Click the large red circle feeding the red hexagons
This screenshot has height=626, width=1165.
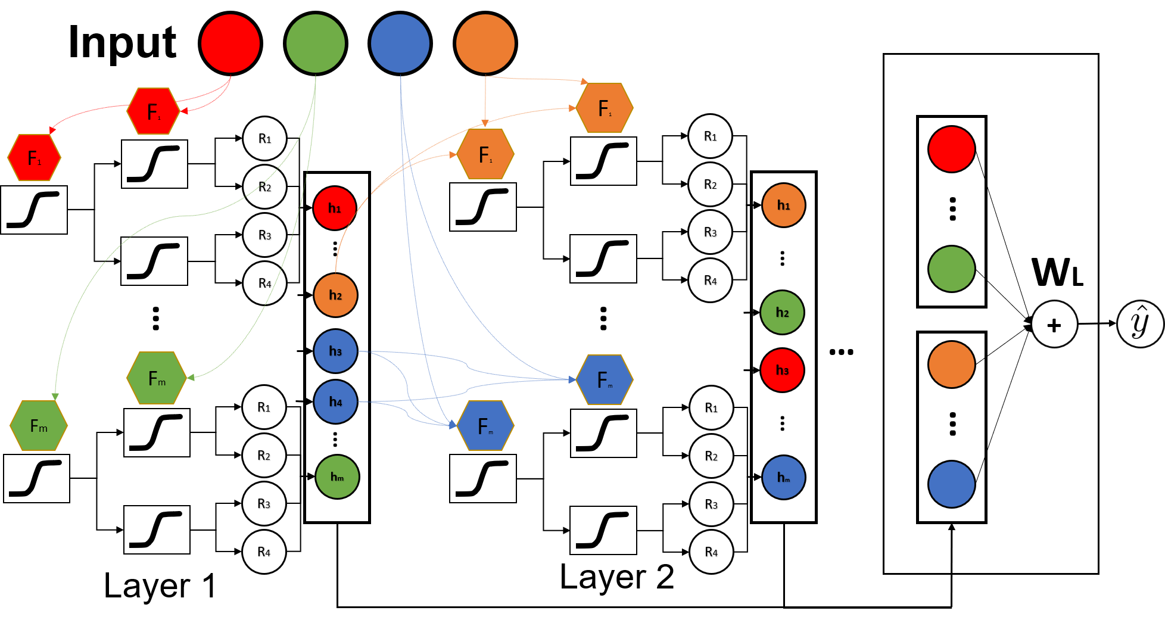tap(230, 43)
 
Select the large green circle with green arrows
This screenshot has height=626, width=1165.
tap(316, 43)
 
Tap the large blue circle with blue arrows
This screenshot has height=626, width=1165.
tap(400, 43)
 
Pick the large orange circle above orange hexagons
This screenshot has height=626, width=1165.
tap(485, 43)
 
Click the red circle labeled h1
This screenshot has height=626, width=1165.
tap(335, 208)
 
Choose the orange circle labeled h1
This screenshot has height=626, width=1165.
tap(784, 205)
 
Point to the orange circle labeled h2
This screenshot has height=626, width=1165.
tap(335, 295)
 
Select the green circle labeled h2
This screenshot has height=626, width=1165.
tap(782, 313)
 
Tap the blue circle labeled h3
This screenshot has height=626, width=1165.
tap(335, 351)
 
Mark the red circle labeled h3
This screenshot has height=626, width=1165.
tap(782, 370)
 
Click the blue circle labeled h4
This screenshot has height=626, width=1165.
tap(335, 402)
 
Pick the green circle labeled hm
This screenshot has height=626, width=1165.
tap(337, 477)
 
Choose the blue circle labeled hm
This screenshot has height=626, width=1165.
tap(784, 478)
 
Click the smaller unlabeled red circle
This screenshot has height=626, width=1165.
tap(952, 150)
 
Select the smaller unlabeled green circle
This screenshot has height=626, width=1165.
tap(952, 269)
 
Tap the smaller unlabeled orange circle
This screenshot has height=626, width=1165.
tap(952, 365)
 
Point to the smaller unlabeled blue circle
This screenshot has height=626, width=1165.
tap(952, 484)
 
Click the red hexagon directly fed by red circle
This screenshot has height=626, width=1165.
tap(154, 111)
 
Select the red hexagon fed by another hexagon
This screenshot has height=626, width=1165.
tap(35, 158)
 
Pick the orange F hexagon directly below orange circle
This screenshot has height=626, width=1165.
tap(485, 154)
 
